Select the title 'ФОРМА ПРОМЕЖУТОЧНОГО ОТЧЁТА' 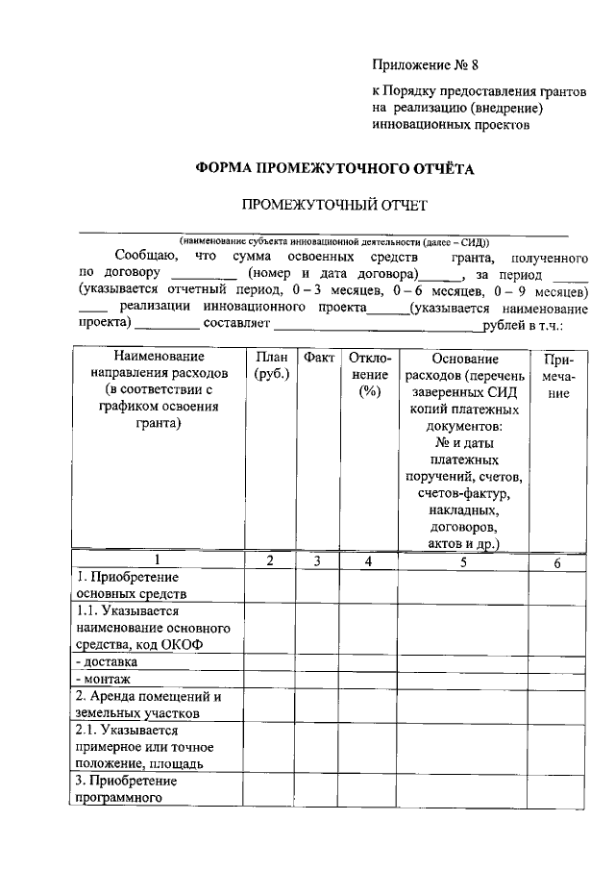tap(335, 168)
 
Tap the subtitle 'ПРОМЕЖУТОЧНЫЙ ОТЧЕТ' tap(332, 205)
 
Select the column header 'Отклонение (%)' tap(368, 374)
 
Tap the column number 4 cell tap(368, 561)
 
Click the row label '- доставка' tap(108, 661)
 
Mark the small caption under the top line tap(333, 242)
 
